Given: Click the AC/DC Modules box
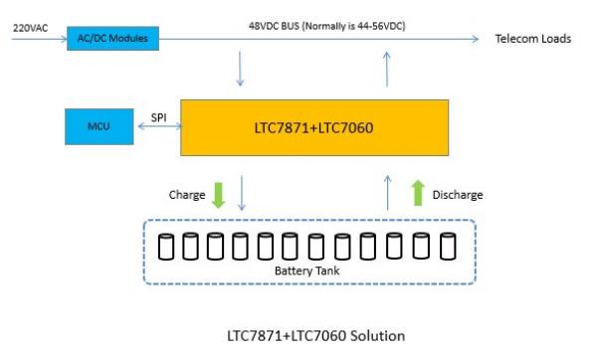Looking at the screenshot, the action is click(x=112, y=39).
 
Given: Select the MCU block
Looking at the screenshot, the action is click(x=99, y=126).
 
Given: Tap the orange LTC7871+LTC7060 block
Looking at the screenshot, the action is click(x=314, y=128).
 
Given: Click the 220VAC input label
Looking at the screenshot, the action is click(x=31, y=28).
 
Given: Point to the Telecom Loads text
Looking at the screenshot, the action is click(x=533, y=39).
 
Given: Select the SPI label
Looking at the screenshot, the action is click(x=159, y=117).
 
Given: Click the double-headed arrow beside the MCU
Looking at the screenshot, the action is click(x=159, y=126).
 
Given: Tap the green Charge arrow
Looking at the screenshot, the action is click(x=218, y=195).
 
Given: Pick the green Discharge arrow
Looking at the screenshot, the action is click(x=418, y=193).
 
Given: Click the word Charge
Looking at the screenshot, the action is click(x=187, y=195).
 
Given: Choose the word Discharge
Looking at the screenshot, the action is click(x=458, y=195).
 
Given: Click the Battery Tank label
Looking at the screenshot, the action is click(x=306, y=270).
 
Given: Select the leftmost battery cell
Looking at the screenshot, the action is click(x=166, y=247).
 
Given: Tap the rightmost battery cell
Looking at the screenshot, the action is click(x=448, y=246).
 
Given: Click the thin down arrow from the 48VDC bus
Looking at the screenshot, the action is click(x=240, y=69).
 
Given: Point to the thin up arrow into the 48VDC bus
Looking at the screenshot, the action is click(x=387, y=69).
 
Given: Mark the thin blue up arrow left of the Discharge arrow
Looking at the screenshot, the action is click(x=388, y=193).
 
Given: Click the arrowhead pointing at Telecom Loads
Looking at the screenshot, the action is click(x=476, y=39).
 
